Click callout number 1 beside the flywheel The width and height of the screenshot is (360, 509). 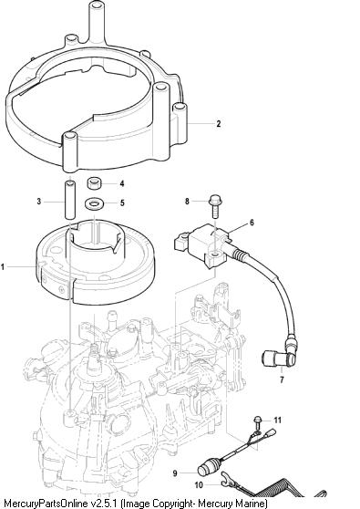click(x=3, y=267)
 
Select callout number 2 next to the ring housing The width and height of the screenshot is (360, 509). click(x=219, y=123)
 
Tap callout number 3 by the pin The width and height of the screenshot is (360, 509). click(x=39, y=202)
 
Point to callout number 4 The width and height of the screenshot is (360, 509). click(x=122, y=183)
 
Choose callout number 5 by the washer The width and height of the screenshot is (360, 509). click(x=122, y=203)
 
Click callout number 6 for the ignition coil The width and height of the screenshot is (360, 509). click(x=252, y=223)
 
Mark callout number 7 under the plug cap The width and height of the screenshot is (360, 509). click(x=282, y=379)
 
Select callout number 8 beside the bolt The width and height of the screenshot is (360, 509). click(x=187, y=202)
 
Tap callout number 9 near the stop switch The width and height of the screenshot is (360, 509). click(x=175, y=473)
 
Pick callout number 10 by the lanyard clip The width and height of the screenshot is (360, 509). click(x=199, y=485)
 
